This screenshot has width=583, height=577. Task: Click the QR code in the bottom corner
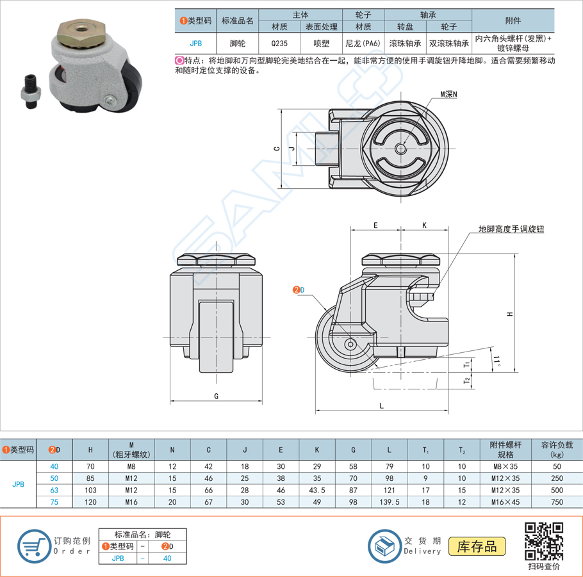pos(543,541)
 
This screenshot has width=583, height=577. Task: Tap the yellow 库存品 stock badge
pos(477,546)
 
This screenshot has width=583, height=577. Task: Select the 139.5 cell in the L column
pos(390,502)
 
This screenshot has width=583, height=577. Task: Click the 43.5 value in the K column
pos(316,490)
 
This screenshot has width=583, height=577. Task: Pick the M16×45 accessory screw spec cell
pos(505,502)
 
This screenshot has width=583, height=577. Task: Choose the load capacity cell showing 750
pos(557,502)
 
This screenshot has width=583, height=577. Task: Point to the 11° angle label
pos(497,361)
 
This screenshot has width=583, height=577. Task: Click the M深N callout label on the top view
pos(448,94)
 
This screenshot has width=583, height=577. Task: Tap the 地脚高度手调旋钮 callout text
pos(511,229)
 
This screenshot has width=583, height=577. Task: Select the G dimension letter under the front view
pos(216,396)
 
